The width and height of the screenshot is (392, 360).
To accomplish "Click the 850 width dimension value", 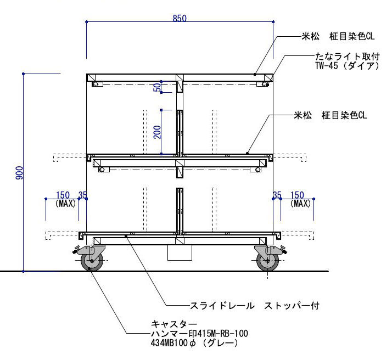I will pyautogui.click(x=180, y=18).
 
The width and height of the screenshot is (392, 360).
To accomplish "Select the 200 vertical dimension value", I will pyautogui.click(x=157, y=132).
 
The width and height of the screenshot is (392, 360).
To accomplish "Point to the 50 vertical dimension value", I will pyautogui.click(x=157, y=87).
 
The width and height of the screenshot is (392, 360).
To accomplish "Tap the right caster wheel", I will pyautogui.click(x=268, y=261).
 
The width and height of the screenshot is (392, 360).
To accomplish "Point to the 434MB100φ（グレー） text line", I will pyautogui.click(x=193, y=343).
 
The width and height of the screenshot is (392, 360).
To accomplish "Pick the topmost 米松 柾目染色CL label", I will pyautogui.click(x=337, y=37).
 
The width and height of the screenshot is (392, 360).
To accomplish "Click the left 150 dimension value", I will pyautogui.click(x=63, y=195).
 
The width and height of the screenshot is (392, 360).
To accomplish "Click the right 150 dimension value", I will pyautogui.click(x=297, y=195).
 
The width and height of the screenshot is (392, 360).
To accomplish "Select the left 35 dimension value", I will pyautogui.click(x=83, y=195).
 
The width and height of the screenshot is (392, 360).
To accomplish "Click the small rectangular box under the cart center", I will pyautogui.click(x=180, y=253).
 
